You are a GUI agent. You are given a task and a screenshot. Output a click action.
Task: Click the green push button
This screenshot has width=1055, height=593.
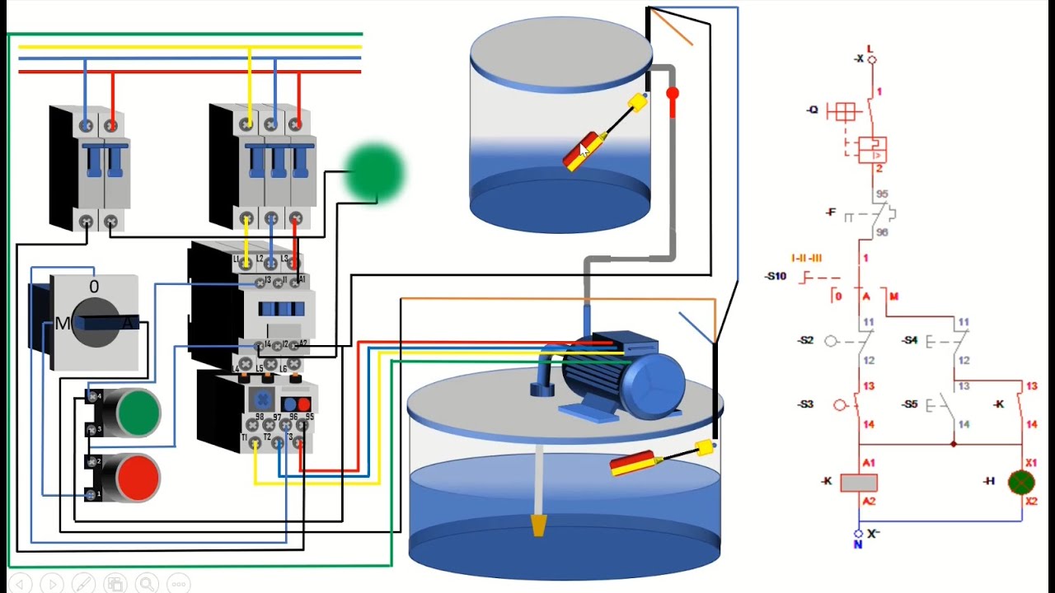pyautogui.click(x=138, y=412)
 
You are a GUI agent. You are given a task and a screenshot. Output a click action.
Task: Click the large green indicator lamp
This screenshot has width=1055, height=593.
pyautogui.click(x=375, y=172)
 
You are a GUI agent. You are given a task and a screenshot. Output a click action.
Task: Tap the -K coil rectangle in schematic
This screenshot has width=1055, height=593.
pyautogui.click(x=858, y=483)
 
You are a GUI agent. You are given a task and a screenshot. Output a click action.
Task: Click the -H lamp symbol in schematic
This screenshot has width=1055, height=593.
pyautogui.click(x=1022, y=482)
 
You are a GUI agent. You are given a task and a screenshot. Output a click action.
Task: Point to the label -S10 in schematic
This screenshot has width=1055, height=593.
pyautogui.click(x=776, y=277)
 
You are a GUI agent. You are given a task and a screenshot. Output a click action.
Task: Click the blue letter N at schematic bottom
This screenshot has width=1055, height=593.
pyautogui.click(x=857, y=544)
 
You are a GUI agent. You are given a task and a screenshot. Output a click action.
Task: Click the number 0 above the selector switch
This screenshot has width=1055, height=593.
pyautogui.click(x=94, y=287)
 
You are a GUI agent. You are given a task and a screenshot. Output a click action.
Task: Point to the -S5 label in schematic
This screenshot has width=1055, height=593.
pyautogui.click(x=909, y=404)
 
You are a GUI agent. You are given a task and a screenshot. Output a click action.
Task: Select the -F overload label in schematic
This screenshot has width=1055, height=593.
pyautogui.click(x=831, y=212)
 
